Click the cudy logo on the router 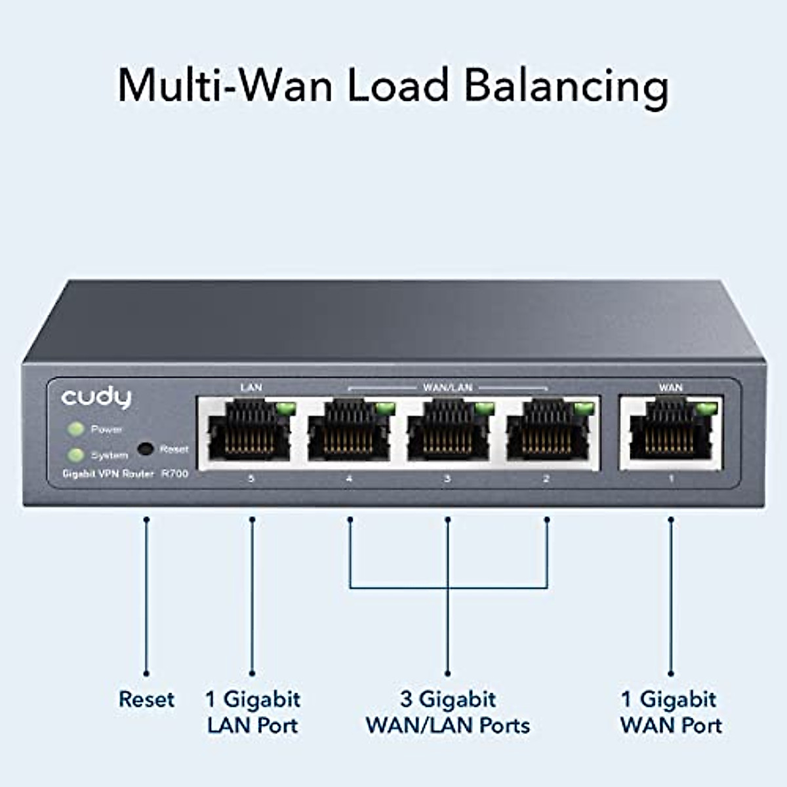pyautogui.click(x=96, y=397)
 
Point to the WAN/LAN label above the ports pyautogui.click(x=447, y=388)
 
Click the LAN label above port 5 pyautogui.click(x=251, y=388)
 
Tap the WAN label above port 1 pyautogui.click(x=670, y=388)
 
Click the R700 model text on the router pyautogui.click(x=174, y=474)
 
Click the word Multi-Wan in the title pyautogui.click(x=224, y=85)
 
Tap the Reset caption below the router pyautogui.click(x=146, y=699)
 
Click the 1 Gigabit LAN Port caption pyautogui.click(x=252, y=712)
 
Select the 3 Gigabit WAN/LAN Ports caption pyautogui.click(x=448, y=712)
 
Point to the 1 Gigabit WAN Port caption pyautogui.click(x=670, y=712)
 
